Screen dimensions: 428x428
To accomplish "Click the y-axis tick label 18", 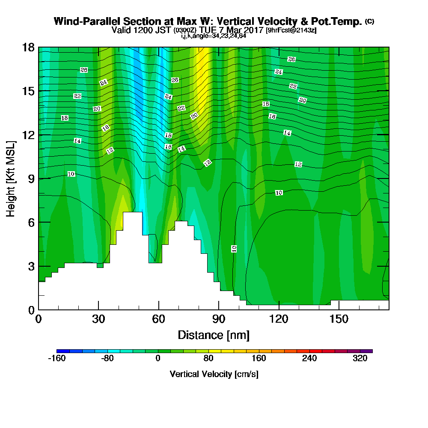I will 28,47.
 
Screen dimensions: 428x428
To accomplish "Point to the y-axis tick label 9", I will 31,178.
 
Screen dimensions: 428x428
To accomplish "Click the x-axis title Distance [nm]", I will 214,335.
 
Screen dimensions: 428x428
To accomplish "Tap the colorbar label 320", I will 360,359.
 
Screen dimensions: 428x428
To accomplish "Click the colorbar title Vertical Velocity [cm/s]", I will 214,374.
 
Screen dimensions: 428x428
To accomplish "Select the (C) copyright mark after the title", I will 369,21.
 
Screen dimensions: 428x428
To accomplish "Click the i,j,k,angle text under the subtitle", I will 214,36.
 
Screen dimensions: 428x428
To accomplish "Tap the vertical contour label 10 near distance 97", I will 234,249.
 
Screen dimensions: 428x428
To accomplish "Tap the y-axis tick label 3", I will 31,266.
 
